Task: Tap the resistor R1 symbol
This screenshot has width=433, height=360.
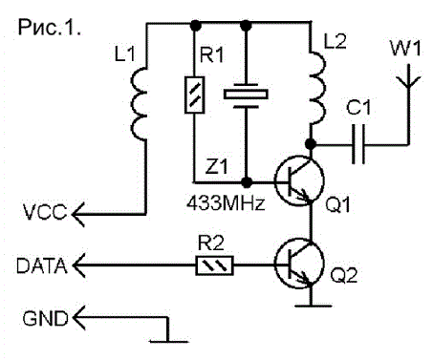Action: coord(194,95)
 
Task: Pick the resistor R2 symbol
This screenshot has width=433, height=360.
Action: coord(214,265)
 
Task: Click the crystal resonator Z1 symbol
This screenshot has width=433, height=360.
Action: coord(246,95)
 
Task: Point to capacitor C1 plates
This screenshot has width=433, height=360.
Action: coord(358,144)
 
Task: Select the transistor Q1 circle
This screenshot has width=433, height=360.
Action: coord(299,181)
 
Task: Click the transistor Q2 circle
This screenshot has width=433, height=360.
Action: coord(299,265)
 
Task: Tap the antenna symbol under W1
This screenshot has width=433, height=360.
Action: coord(408,79)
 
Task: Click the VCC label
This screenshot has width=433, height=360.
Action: coord(45,212)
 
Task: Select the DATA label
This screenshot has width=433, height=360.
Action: coord(42,266)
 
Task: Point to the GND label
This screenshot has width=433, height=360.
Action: coord(46,318)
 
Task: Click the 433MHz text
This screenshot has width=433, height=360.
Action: coord(226,202)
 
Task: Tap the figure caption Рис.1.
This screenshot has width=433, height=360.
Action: coord(50,28)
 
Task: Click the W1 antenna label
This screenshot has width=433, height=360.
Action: coord(405,49)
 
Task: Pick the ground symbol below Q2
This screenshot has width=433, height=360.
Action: coord(313,307)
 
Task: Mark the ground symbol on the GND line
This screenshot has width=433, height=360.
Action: coord(169,342)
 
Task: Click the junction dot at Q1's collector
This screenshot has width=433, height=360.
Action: coord(311,144)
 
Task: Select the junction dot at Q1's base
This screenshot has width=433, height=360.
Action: coord(246,182)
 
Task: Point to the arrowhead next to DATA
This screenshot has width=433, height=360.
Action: coord(78,265)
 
